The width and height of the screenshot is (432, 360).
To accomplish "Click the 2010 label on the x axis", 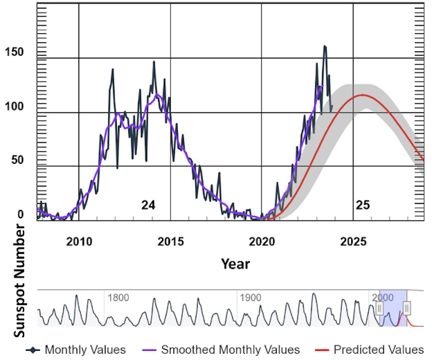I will pos(79,241).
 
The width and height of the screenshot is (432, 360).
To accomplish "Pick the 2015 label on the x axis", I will pos(170,241).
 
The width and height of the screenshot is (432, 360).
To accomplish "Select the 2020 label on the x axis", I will pos(262,241).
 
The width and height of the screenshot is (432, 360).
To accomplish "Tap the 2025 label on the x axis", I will pos(353,241).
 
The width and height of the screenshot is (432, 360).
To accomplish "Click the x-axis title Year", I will pos(235,264).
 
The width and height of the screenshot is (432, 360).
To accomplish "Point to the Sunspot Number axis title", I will pos(19,281).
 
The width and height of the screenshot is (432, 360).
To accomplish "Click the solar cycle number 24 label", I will pos(148,205).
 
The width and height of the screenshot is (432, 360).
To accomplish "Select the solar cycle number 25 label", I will pos(363,205).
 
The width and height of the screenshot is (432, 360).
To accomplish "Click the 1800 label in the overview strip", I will pos(118,298).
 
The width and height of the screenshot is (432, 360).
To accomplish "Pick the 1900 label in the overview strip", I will pos(250,298).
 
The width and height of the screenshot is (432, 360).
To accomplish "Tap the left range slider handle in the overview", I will pos(379,309).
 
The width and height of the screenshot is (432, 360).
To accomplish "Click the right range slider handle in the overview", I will pos(407,309).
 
